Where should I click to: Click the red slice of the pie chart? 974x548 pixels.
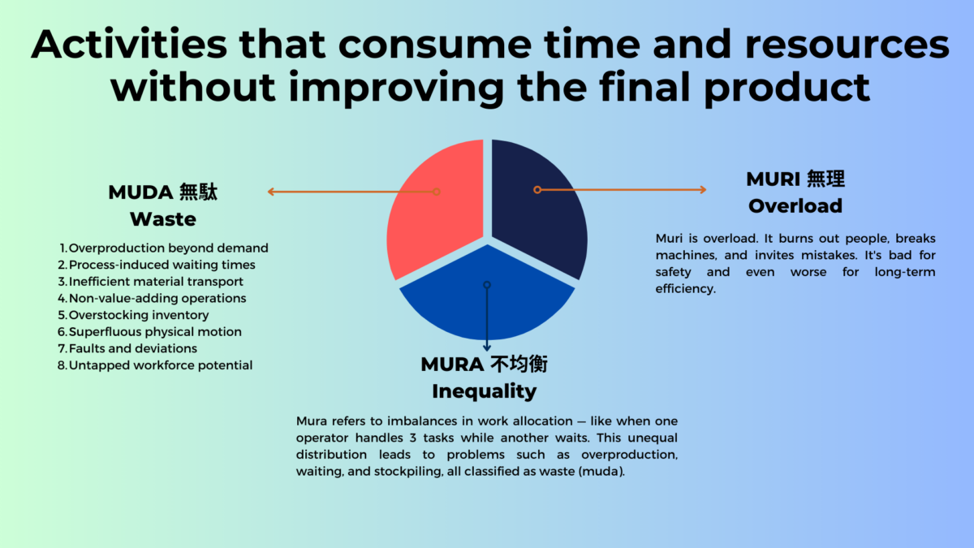(x=435, y=218)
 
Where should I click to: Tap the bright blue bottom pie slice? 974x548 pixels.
(x=487, y=296)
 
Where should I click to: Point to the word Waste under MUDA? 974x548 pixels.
(x=162, y=219)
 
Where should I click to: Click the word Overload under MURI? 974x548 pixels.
(x=795, y=205)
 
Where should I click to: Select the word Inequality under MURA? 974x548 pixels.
(x=485, y=391)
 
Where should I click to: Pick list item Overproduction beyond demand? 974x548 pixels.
(x=168, y=248)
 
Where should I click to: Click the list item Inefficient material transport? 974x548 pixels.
(x=156, y=282)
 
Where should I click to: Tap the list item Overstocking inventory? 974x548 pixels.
(x=139, y=315)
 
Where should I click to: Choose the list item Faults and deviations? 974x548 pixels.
(x=132, y=348)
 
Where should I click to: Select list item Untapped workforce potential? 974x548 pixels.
(x=161, y=365)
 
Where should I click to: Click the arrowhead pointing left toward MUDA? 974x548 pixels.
(x=270, y=192)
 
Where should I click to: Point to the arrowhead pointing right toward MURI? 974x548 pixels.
(x=703, y=190)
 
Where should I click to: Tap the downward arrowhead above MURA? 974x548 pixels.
(x=487, y=348)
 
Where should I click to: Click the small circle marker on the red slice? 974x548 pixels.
(x=437, y=192)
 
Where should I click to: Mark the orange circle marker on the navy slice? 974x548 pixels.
(x=537, y=190)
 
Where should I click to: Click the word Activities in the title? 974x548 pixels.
(x=129, y=45)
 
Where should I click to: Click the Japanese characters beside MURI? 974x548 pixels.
(x=825, y=179)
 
